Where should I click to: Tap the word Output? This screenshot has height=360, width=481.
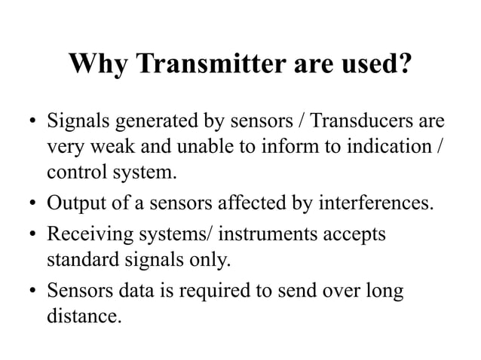point(75,203)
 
